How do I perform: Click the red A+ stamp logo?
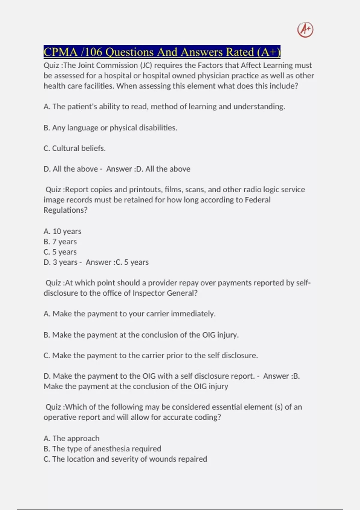tap(305, 30)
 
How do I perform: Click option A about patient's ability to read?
tap(164, 106)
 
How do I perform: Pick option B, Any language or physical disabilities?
tap(110, 128)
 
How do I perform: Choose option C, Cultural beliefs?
tap(74, 148)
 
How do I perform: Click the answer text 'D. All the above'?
tap(163, 169)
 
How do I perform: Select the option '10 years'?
tap(62, 231)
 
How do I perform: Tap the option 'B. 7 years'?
tap(60, 241)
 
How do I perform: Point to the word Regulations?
tap(65, 210)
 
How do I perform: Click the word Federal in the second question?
tap(257, 200)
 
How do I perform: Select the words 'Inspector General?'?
tap(165, 293)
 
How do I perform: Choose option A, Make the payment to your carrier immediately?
tap(129, 314)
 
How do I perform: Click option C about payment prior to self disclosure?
tap(150, 355)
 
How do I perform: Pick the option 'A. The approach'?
tap(71, 438)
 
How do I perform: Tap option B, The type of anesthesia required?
tap(102, 449)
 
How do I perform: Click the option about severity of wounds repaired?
tap(125, 459)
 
